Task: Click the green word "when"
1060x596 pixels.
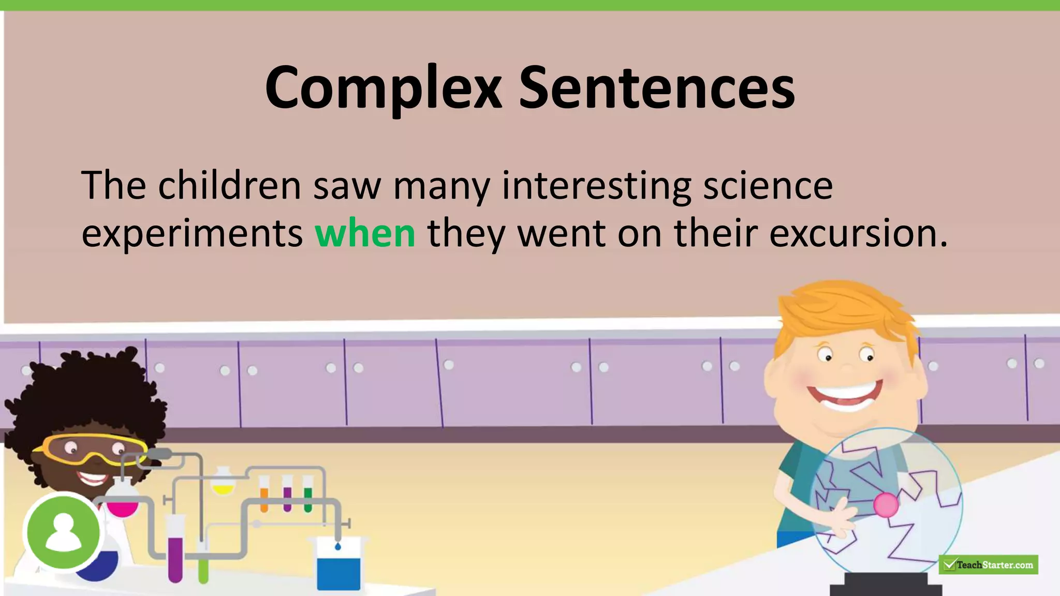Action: [x=365, y=233]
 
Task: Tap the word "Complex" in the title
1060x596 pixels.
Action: [x=383, y=88]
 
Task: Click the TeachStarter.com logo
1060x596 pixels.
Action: [x=988, y=564]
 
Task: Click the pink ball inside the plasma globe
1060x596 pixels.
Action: [x=886, y=504]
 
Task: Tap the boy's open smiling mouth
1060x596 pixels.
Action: [x=845, y=396]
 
